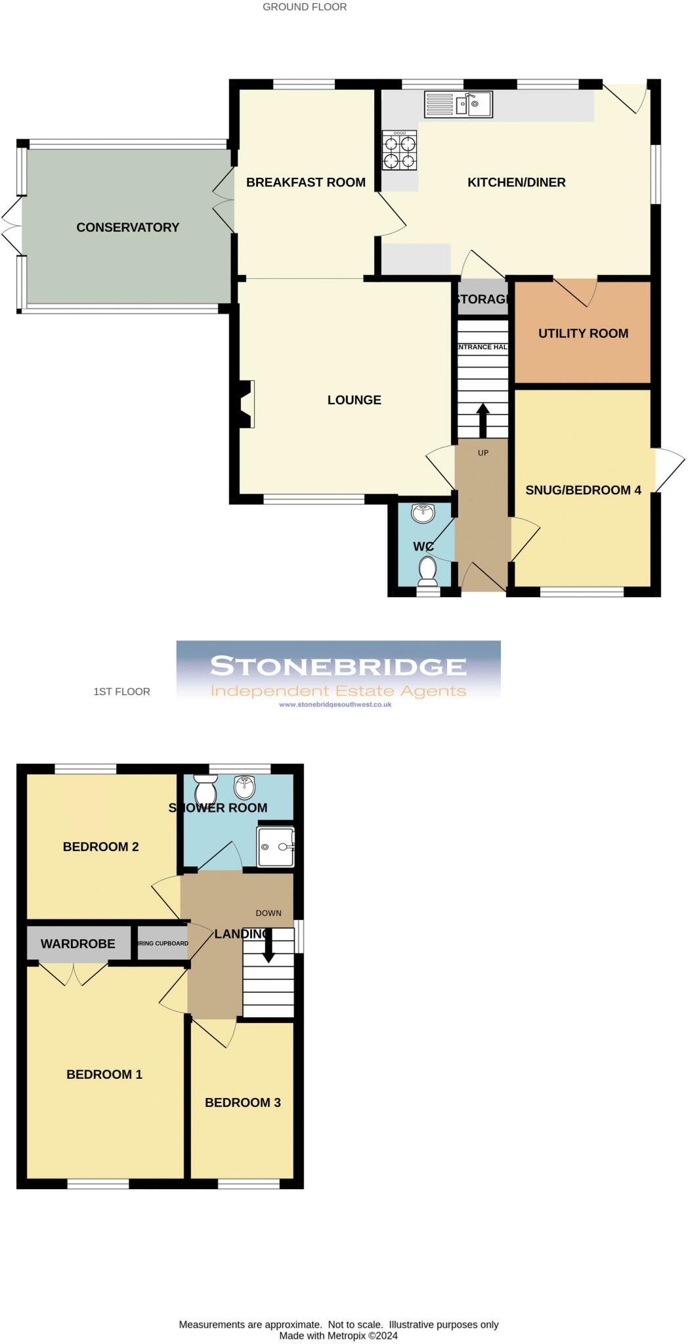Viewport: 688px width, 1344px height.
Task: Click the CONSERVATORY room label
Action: point(127,228)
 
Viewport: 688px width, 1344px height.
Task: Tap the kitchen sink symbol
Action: point(458,104)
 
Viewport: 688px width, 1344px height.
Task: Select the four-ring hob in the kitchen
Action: point(400,150)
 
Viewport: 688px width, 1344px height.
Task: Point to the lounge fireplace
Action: point(246,404)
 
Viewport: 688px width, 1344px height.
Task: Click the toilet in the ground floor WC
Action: point(428,570)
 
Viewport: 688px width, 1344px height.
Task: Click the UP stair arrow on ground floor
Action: point(483,419)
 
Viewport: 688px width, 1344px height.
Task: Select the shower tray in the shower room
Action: point(274,847)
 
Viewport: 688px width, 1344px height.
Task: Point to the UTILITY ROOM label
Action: point(583,333)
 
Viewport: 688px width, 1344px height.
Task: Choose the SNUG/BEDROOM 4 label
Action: point(583,490)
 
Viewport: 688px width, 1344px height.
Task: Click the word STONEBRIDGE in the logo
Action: point(338,667)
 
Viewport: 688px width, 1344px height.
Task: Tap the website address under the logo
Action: point(335,705)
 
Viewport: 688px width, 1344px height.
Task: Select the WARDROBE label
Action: point(77,944)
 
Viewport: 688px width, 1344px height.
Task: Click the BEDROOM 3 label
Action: point(242,1102)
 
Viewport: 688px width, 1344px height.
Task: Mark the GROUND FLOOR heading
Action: point(305,7)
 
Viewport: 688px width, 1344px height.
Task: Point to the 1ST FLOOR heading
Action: point(121,692)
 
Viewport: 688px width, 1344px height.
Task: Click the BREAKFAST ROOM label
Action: point(305,182)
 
